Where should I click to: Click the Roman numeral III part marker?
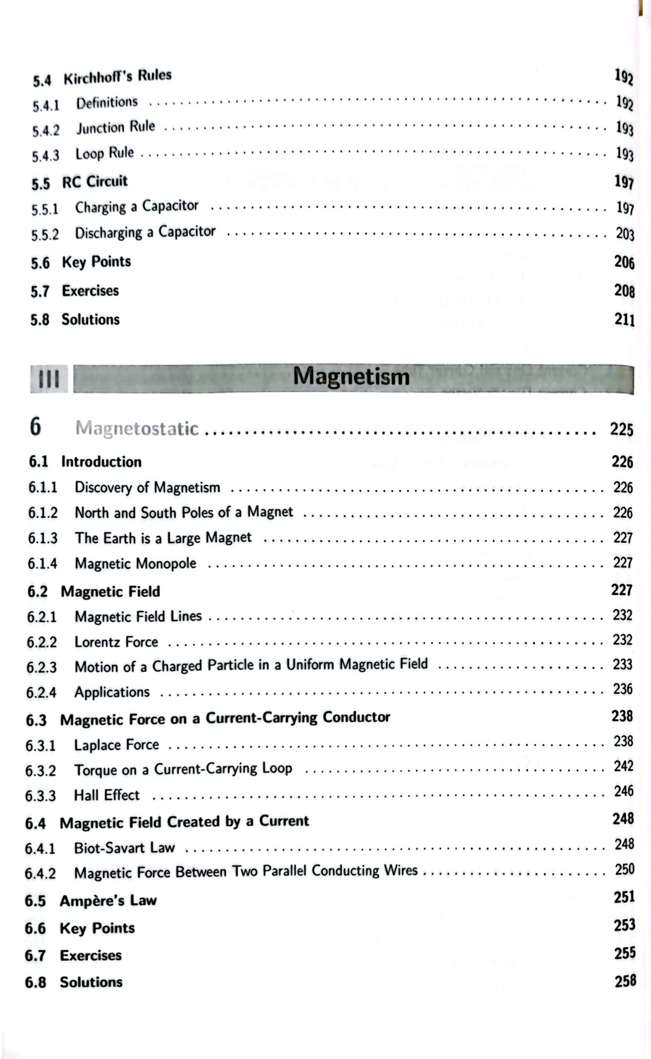click(x=49, y=379)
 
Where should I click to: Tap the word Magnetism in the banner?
click(x=351, y=377)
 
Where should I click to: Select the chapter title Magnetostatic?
click(x=137, y=429)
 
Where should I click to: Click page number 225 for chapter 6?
click(x=621, y=429)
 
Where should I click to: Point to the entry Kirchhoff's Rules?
click(x=118, y=77)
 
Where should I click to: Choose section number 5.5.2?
click(x=45, y=235)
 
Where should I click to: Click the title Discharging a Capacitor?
click(x=145, y=232)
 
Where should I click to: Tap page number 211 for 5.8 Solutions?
click(x=624, y=320)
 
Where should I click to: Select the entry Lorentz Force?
click(x=116, y=642)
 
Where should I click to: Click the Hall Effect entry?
click(x=107, y=795)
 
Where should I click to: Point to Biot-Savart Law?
click(x=125, y=848)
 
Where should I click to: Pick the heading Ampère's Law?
click(x=108, y=901)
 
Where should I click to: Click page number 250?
click(x=624, y=869)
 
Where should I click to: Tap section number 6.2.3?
click(x=41, y=667)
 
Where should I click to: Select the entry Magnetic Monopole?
click(x=135, y=564)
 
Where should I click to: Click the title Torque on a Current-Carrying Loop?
click(x=183, y=769)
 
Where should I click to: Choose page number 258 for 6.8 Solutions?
click(x=625, y=981)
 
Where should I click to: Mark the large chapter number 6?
click(x=35, y=427)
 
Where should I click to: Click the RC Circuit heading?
click(x=95, y=182)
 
